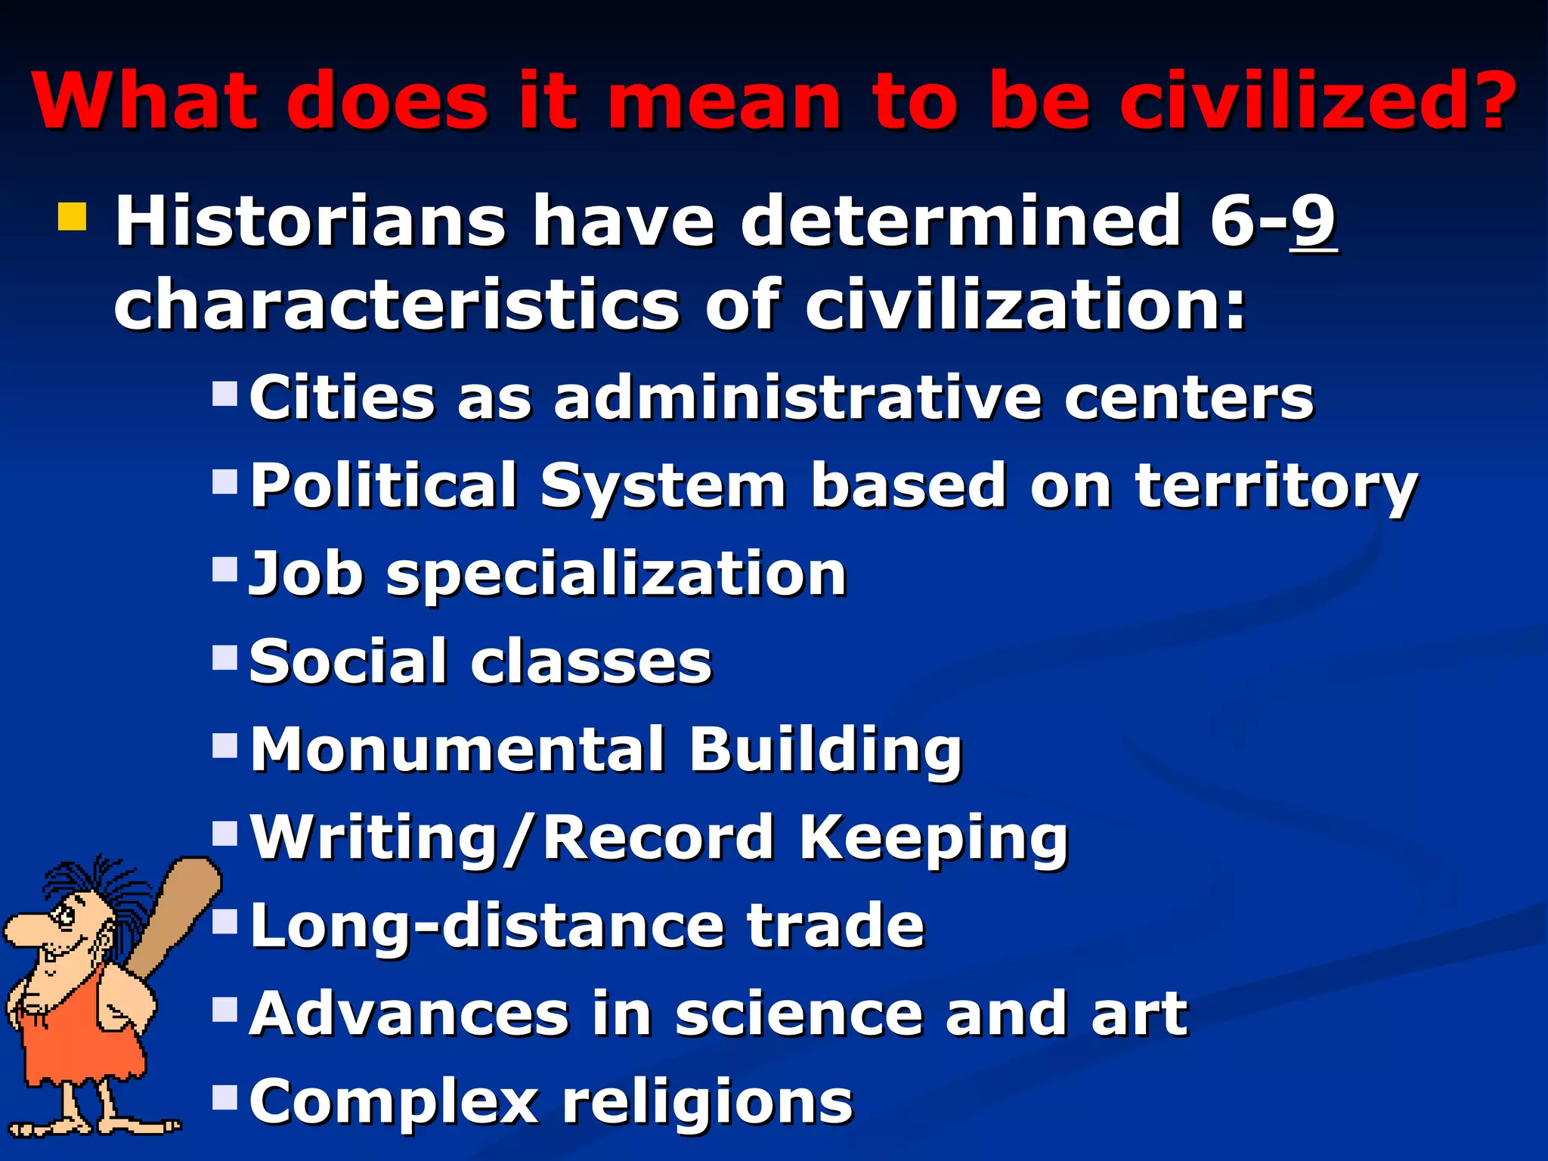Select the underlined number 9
point(1314,221)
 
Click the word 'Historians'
point(310,221)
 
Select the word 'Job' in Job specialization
point(306,574)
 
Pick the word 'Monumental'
point(458,750)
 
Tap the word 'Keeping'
point(933,839)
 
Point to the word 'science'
point(797,1014)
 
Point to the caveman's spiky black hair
point(98,881)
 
